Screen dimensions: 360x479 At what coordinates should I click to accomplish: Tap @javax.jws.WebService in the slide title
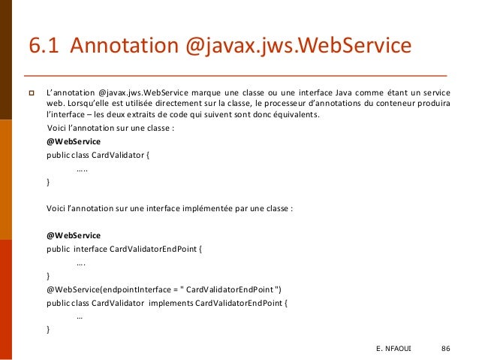(x=299, y=47)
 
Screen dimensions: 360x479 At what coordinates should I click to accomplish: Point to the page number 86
(x=446, y=349)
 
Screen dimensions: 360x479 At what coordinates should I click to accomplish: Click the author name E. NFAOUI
(x=394, y=349)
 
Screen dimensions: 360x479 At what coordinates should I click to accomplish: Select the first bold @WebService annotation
(x=74, y=141)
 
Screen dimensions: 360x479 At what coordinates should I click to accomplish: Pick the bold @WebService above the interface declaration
(x=74, y=235)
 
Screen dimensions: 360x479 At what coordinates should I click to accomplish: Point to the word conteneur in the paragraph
(x=401, y=103)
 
